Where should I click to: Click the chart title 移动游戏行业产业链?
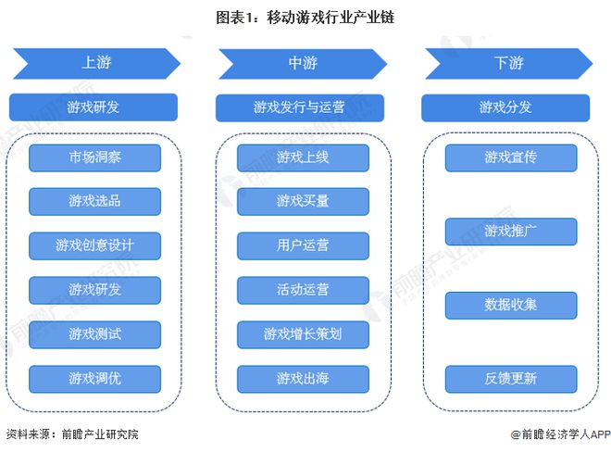305,18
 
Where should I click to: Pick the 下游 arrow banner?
507,63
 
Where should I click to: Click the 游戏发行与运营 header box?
300,107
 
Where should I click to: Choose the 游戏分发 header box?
505,107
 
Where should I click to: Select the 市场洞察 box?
94,157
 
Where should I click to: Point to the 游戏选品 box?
94,201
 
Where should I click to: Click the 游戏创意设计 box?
94,245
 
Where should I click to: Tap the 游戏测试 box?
94,333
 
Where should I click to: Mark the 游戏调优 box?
94,378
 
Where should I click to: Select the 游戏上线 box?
303,157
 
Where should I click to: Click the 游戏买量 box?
303,201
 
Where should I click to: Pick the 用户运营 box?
303,245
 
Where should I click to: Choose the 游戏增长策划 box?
303,333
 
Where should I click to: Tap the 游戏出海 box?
303,378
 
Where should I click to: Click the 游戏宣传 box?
511,157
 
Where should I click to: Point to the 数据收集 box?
511,305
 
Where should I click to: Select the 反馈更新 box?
511,378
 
